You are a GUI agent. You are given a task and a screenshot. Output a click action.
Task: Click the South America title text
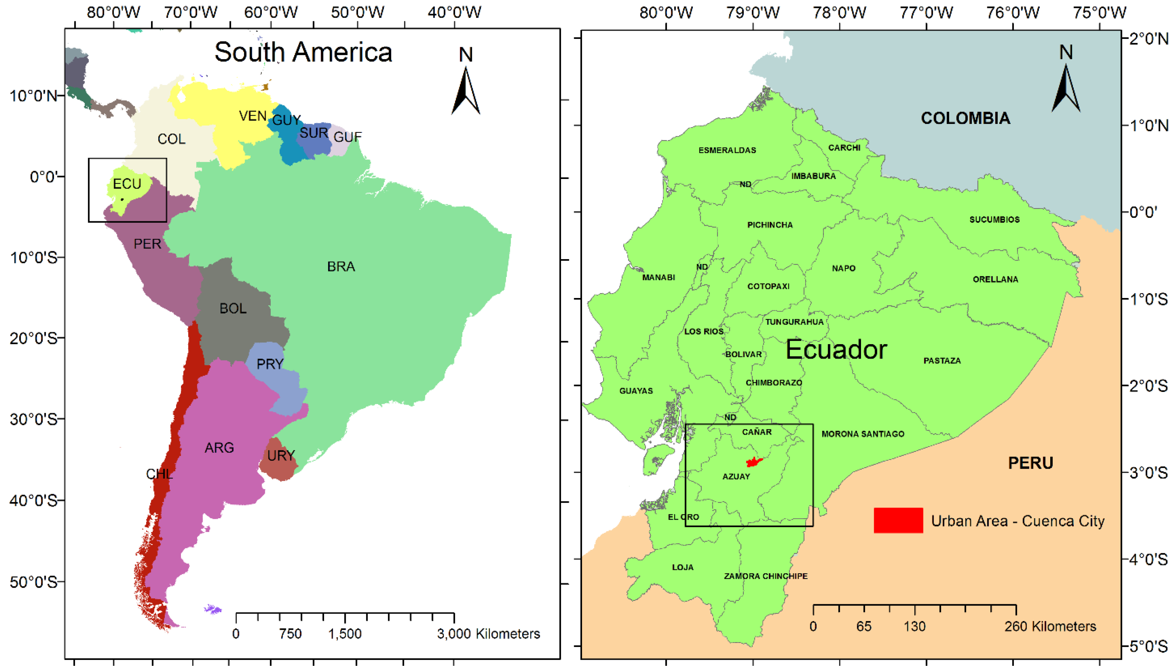click(x=303, y=52)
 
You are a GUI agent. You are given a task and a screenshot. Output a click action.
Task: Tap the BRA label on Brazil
click(x=341, y=267)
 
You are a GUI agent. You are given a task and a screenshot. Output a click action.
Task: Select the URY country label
click(x=281, y=456)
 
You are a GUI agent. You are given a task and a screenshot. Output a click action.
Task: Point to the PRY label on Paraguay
click(x=270, y=364)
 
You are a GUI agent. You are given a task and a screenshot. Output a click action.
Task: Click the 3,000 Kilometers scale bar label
click(x=488, y=634)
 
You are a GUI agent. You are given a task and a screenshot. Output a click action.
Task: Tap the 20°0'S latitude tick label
click(x=33, y=338)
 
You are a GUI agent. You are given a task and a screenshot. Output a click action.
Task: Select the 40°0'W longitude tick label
click(x=454, y=12)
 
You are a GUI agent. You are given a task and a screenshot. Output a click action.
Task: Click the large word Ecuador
click(x=836, y=349)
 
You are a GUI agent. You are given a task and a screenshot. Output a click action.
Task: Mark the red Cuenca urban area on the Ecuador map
click(x=754, y=462)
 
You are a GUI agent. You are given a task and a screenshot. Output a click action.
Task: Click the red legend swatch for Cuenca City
click(x=898, y=520)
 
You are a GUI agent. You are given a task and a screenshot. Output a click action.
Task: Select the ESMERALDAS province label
click(x=727, y=150)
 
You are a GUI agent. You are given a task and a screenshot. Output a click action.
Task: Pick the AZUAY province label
click(x=736, y=477)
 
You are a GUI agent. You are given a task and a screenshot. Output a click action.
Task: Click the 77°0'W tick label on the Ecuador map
click(x=926, y=12)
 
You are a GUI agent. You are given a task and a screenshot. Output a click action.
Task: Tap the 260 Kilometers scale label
click(x=1050, y=626)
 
